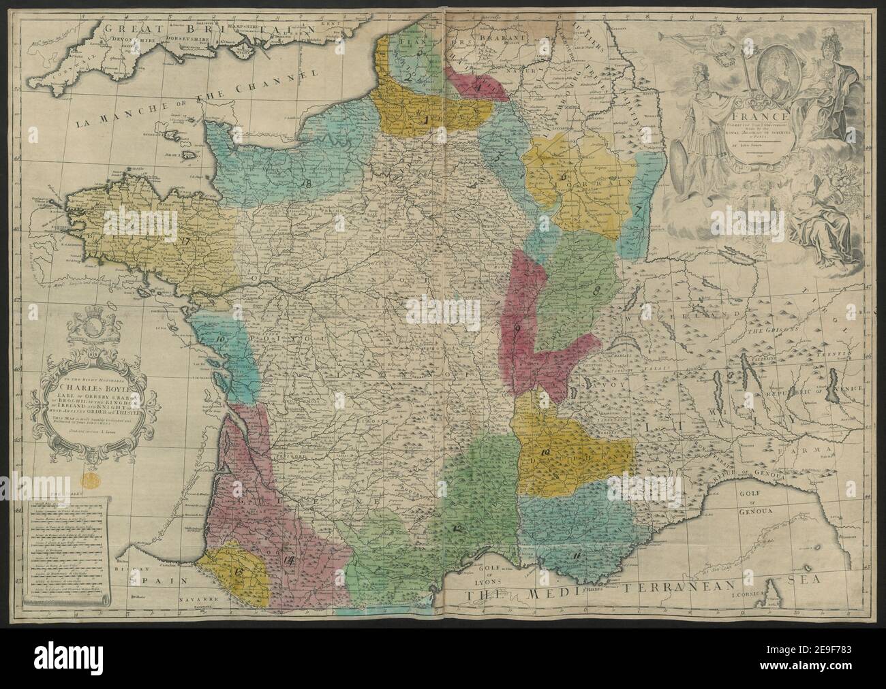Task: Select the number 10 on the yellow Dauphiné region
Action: click(545, 452)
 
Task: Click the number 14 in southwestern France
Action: click(288, 560)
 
